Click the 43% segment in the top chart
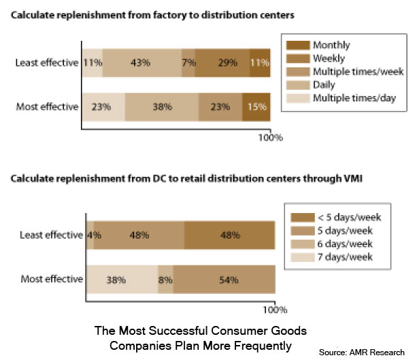pyautogui.click(x=141, y=63)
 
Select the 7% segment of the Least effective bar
pyautogui.click(x=188, y=63)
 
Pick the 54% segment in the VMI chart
pyautogui.click(x=225, y=279)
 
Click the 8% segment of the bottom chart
pyautogui.click(x=165, y=279)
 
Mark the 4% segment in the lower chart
pyautogui.click(x=90, y=235)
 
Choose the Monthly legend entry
pyautogui.click(x=331, y=44)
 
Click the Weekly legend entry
pyautogui.click(x=329, y=58)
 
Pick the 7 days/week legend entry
pyautogui.click(x=343, y=258)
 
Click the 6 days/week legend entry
pyautogui.click(x=343, y=244)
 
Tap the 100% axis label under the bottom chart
pyautogui.click(x=274, y=310)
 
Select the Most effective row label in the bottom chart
pyautogui.click(x=52, y=279)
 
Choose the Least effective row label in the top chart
pyautogui.click(x=46, y=63)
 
